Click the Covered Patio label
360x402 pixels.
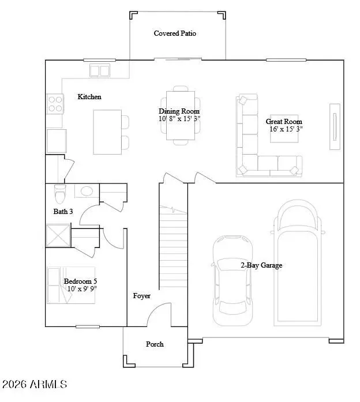175,33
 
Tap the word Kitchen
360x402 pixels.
89,97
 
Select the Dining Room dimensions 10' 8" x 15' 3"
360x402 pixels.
179,119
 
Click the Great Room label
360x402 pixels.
284,122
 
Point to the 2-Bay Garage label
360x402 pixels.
261,265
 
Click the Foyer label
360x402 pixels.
141,296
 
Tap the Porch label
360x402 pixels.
155,344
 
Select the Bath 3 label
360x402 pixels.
63,212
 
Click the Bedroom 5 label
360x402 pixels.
80,281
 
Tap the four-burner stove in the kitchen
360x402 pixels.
55,103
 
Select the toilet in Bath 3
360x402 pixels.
60,191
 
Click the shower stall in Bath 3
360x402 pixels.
58,236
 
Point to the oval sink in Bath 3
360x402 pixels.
87,191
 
